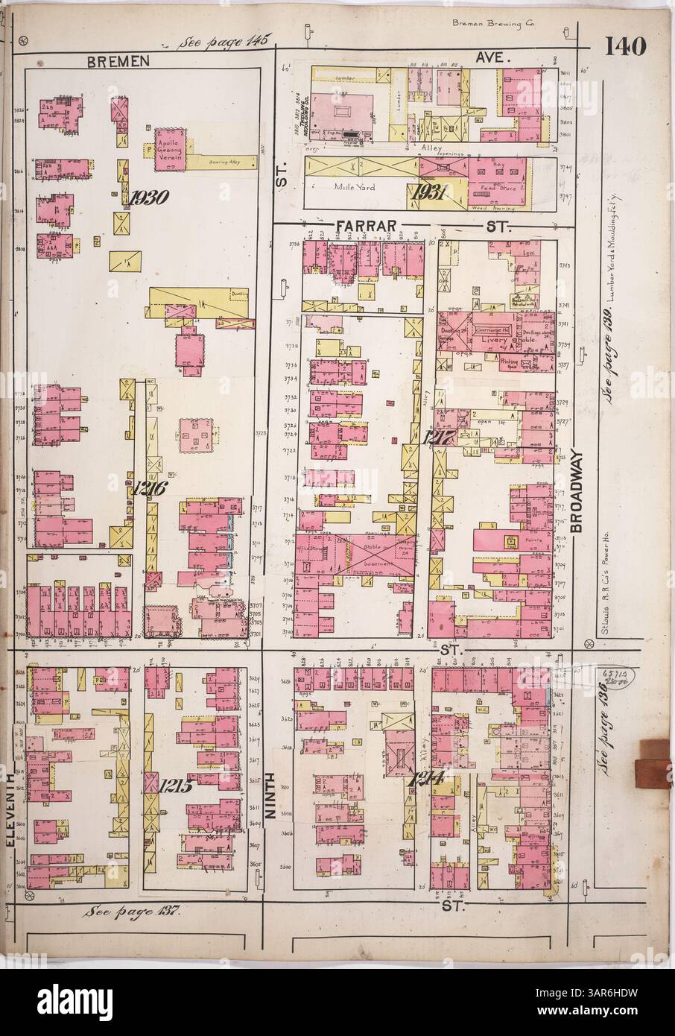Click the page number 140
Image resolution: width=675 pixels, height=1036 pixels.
pyautogui.click(x=625, y=46)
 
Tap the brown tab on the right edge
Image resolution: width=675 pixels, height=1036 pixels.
pyautogui.click(x=654, y=761)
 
